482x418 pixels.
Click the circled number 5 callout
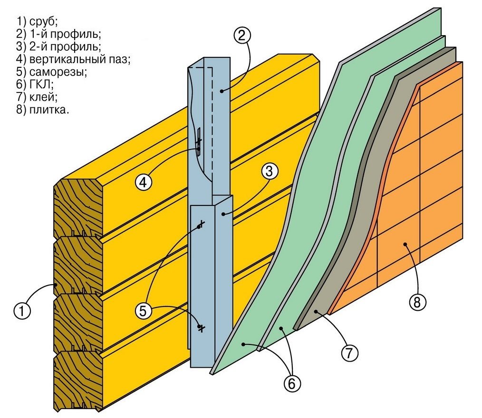point(144,311)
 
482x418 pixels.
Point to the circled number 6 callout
point(293,383)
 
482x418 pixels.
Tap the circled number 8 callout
point(417,302)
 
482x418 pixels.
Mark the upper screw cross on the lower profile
point(201,223)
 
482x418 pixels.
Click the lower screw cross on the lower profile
point(201,328)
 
